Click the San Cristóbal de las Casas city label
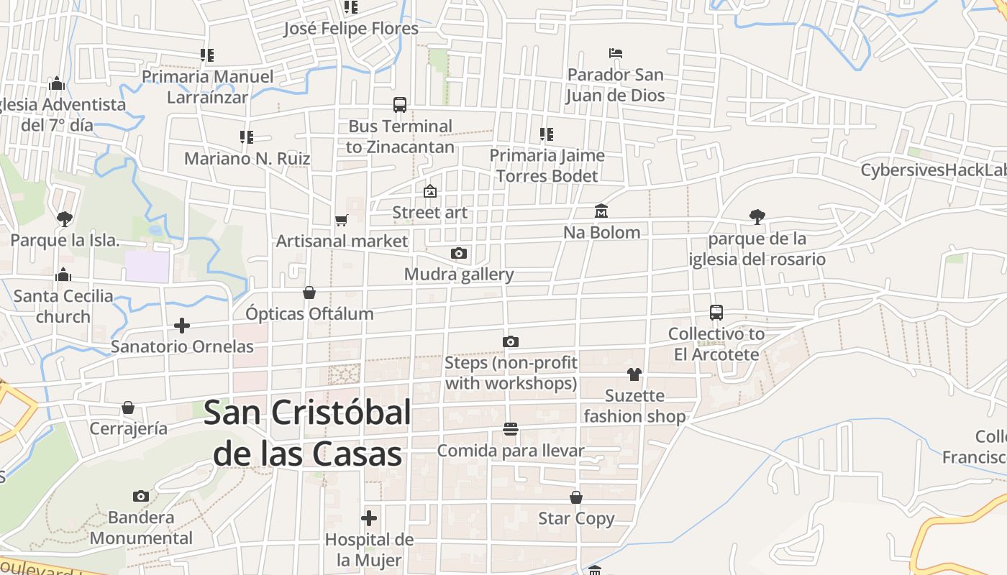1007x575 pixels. click(x=308, y=433)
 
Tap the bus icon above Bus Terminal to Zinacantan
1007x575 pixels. click(x=400, y=105)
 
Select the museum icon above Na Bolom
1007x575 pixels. click(x=601, y=211)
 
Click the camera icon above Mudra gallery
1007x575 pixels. click(x=459, y=253)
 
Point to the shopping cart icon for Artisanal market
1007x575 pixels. click(x=342, y=220)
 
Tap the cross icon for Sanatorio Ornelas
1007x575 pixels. click(x=182, y=326)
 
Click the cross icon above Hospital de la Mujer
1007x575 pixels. click(x=369, y=517)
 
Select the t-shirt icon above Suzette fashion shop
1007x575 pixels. click(x=634, y=374)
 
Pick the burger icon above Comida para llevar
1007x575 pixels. click(x=511, y=429)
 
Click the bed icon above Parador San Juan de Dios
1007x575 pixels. click(x=615, y=53)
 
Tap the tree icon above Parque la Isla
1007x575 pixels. click(x=65, y=218)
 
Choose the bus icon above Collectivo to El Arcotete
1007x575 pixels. click(x=716, y=313)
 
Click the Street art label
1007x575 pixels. click(x=429, y=213)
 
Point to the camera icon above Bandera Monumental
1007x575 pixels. click(x=141, y=496)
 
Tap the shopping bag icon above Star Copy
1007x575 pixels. click(x=576, y=497)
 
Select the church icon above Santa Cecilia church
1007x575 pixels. click(x=63, y=275)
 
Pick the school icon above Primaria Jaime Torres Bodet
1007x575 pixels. click(x=547, y=134)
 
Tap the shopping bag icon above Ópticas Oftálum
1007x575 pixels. click(x=309, y=293)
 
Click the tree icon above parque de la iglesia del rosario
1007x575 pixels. click(x=757, y=216)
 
